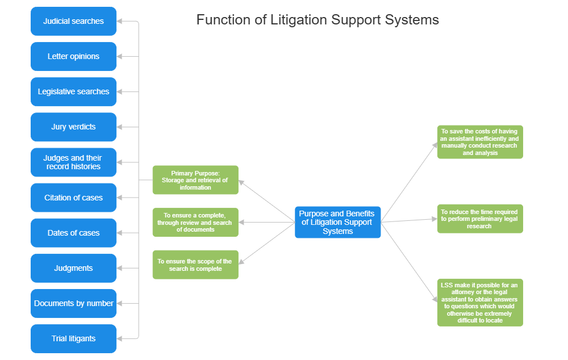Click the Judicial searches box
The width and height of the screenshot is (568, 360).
point(73,22)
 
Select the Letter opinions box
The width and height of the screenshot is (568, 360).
point(73,57)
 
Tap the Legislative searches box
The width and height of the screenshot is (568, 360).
point(73,92)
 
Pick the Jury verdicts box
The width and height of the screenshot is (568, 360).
point(73,127)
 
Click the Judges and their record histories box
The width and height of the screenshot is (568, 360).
point(73,162)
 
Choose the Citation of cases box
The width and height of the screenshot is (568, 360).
point(73,198)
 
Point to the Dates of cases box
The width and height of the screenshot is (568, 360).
point(73,233)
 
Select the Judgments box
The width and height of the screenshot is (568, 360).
point(73,268)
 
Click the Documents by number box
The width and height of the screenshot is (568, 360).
point(73,303)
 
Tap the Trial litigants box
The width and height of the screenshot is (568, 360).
point(73,338)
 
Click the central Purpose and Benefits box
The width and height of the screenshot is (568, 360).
point(337,222)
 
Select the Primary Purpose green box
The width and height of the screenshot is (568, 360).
point(195,180)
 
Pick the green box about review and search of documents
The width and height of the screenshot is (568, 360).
point(195,222)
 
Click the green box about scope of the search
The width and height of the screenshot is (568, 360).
point(195,265)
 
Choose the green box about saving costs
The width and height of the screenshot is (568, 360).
point(480,142)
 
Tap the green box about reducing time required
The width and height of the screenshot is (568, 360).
point(480,219)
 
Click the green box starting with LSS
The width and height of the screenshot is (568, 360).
point(480,302)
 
